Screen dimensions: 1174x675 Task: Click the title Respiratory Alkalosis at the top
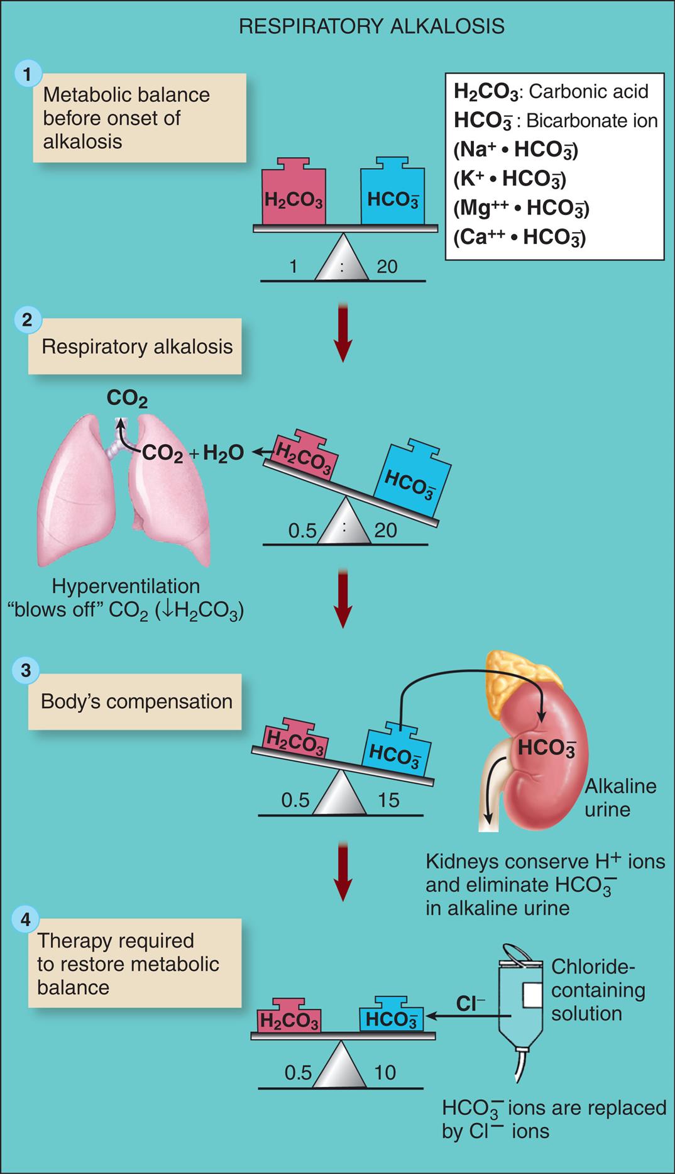372,26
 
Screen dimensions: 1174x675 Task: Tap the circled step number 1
26,74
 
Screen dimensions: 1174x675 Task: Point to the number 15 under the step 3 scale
388,800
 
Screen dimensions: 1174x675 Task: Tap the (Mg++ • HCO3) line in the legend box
520,208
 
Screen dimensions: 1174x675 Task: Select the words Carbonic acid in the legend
588,92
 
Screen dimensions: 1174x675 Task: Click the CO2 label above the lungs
127,398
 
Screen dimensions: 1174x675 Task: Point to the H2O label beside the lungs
223,453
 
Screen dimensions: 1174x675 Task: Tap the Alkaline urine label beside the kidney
611,797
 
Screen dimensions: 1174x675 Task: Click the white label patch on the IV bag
532,999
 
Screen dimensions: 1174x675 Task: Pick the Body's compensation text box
136,701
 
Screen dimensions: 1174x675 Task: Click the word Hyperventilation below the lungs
126,586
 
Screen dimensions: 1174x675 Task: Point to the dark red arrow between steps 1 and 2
342,333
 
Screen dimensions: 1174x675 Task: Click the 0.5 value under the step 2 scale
302,531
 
